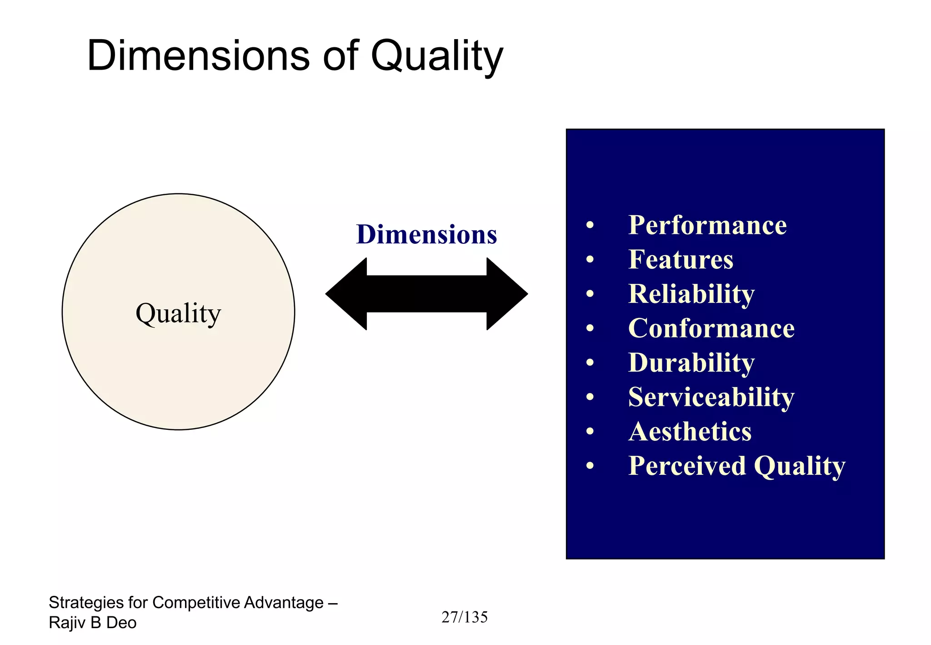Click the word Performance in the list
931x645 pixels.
click(x=707, y=225)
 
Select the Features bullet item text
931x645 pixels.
click(x=681, y=260)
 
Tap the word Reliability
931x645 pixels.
click(x=691, y=294)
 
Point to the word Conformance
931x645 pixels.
click(x=711, y=328)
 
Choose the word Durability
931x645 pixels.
click(x=691, y=363)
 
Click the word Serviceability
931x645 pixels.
click(x=711, y=398)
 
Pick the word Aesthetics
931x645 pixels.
click(x=690, y=432)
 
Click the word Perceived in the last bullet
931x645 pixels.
click(x=687, y=466)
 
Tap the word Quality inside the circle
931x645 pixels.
click(x=178, y=314)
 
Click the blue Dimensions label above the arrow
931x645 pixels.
click(x=426, y=235)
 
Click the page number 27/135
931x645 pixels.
click(x=464, y=617)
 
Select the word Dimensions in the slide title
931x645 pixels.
click(x=198, y=56)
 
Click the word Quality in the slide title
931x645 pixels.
click(x=436, y=57)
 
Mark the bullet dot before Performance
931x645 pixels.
click(x=590, y=225)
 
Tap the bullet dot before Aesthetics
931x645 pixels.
click(x=590, y=432)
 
